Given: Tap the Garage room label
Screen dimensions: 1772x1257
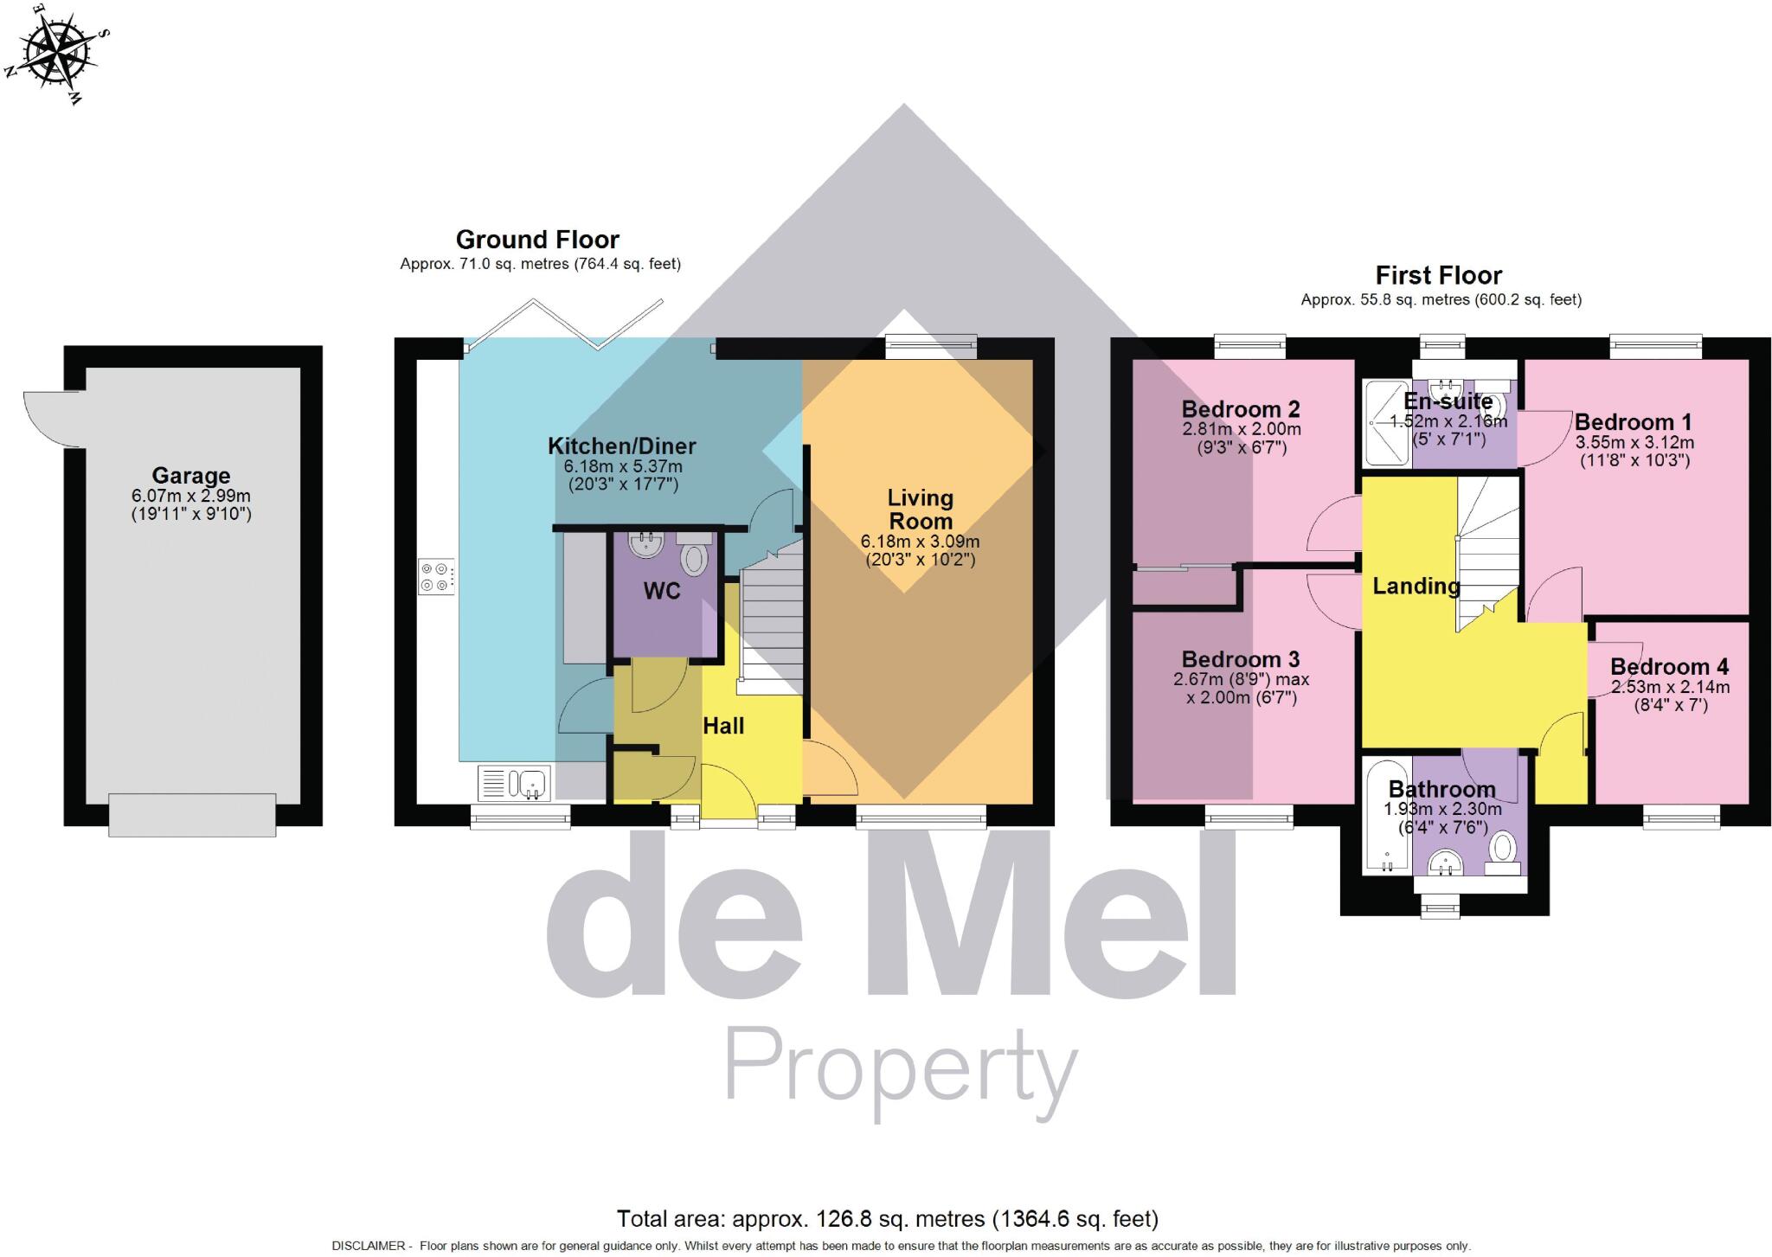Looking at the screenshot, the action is coord(191,476).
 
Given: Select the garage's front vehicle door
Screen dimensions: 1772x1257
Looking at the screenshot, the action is coord(192,815).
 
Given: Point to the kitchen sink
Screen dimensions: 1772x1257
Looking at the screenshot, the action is coord(515,784).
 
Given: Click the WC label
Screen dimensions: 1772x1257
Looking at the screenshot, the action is coord(662,592).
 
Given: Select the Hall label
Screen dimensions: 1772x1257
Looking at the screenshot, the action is coord(723,726).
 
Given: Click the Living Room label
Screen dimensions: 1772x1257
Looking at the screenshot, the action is coord(921,510).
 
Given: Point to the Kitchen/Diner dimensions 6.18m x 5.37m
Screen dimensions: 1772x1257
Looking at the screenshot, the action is coord(623,466).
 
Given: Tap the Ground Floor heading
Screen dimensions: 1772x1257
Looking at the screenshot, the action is coord(537,240).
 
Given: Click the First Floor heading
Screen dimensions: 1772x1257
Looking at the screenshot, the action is coord(1439,275).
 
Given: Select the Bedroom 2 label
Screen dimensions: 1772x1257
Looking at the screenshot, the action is coord(1241,409).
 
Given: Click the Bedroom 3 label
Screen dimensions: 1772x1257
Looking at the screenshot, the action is coord(1241,660).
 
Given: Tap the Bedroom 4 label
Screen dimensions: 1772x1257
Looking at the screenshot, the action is coord(1670,667).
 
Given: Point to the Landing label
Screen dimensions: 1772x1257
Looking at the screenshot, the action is coord(1416,587).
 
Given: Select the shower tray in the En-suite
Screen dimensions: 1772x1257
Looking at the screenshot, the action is coord(1388,424).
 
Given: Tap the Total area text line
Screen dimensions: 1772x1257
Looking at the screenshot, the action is coord(887,1219).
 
